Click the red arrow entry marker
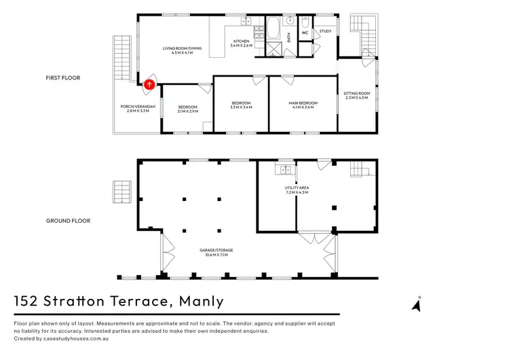click(149, 85)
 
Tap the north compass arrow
click(417, 306)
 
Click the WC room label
click(305, 33)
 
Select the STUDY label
click(325, 31)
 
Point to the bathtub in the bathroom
click(273, 28)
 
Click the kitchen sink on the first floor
click(246, 22)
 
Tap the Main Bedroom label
click(303, 103)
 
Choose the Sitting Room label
click(356, 94)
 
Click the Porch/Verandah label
click(138, 107)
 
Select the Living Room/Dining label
click(182, 48)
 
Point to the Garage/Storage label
click(216, 250)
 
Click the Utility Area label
click(297, 187)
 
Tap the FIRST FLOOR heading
click(63, 78)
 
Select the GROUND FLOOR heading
click(68, 221)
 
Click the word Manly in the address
click(202, 301)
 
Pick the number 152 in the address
click(25, 301)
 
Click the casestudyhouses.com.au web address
click(76, 338)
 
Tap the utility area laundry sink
click(285, 170)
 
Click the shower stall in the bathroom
click(274, 49)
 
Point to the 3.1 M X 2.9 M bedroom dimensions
click(187, 111)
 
